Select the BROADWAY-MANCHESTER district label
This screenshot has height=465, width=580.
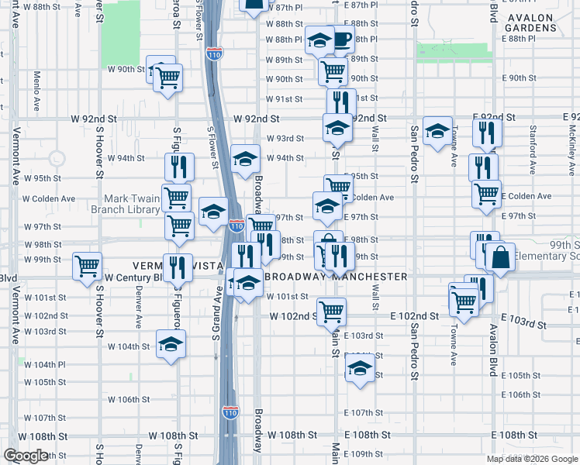tap(336, 277)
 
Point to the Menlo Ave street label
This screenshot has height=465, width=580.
tap(37, 88)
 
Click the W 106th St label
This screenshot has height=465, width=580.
tap(127, 400)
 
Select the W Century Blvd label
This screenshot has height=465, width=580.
tap(132, 277)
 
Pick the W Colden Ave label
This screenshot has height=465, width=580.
tap(49, 198)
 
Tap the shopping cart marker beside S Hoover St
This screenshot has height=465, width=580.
tap(87, 265)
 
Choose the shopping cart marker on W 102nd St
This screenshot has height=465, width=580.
tap(331, 310)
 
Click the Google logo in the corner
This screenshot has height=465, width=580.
tap(26, 456)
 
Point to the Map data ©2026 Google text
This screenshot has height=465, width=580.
tap(532, 459)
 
